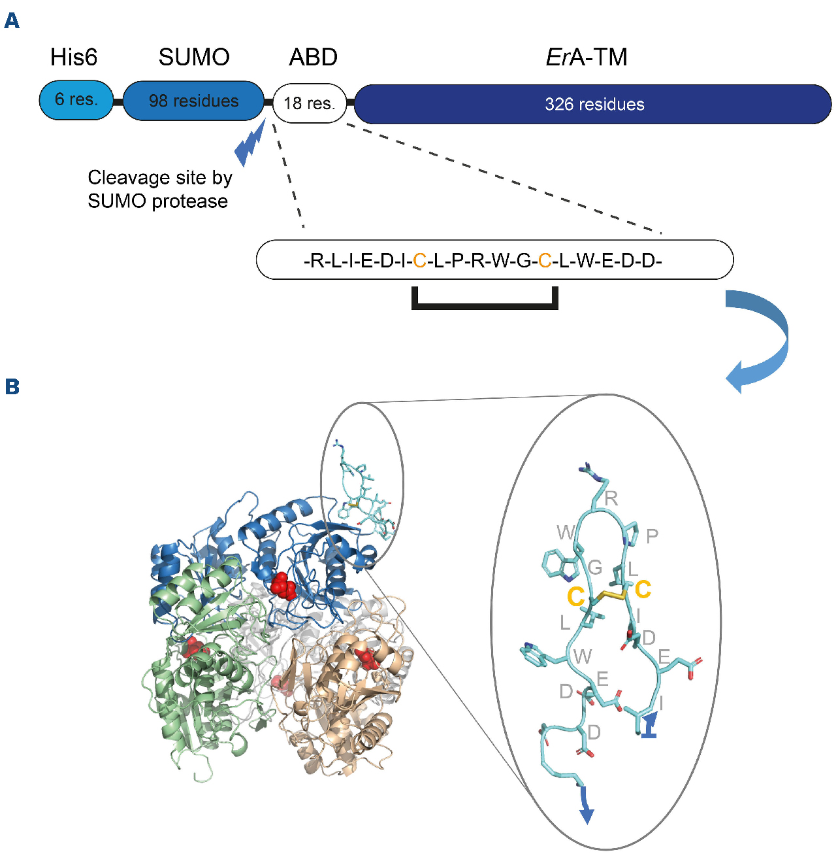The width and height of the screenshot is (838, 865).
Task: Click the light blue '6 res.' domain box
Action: pyautogui.click(x=76, y=100)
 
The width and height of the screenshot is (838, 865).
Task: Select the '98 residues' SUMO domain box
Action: pyautogui.click(x=193, y=101)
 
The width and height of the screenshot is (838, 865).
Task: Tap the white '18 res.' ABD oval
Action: pyautogui.click(x=309, y=103)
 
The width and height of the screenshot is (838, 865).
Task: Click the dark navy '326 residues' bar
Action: pyautogui.click(x=593, y=104)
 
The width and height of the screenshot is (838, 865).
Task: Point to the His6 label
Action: pyautogui.click(x=74, y=58)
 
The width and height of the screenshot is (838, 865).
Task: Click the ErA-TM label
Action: pyautogui.click(x=586, y=58)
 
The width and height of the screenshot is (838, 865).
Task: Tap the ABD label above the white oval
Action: pyautogui.click(x=313, y=58)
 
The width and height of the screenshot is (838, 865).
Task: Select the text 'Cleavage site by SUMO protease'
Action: pyautogui.click(x=159, y=189)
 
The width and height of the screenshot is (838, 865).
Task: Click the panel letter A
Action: pyautogui.click(x=12, y=21)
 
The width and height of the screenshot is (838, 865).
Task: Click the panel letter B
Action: pyautogui.click(x=12, y=386)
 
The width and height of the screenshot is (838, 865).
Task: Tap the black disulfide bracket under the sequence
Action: pyautogui.click(x=485, y=303)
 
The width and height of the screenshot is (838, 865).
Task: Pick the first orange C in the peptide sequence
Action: pyautogui.click(x=419, y=261)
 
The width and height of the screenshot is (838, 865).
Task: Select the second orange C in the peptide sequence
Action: pyautogui.click(x=544, y=261)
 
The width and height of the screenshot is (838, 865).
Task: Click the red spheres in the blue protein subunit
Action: pyautogui.click(x=283, y=585)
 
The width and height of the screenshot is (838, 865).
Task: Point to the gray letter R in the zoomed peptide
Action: pyautogui.click(x=611, y=498)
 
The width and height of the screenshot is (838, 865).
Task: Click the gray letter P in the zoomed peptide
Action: pyautogui.click(x=651, y=536)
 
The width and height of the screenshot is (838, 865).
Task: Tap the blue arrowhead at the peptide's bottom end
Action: pyautogui.click(x=587, y=813)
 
